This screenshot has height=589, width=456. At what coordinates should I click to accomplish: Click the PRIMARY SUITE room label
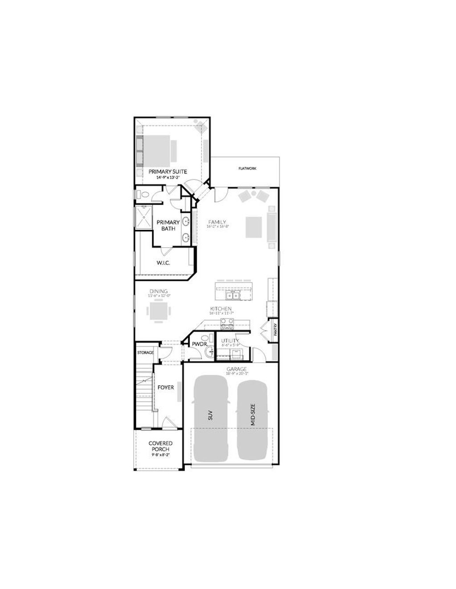[x=167, y=171]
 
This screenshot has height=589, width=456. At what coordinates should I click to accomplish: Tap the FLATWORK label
[x=247, y=169]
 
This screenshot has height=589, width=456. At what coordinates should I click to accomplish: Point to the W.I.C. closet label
[x=163, y=263]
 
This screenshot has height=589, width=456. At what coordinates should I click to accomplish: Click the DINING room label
[x=159, y=291]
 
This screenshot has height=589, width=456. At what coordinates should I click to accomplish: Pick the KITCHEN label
[x=221, y=308]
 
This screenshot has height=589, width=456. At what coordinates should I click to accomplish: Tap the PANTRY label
[x=276, y=329]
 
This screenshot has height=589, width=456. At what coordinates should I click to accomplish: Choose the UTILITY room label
[x=230, y=341]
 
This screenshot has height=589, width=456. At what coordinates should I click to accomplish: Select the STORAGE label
[x=145, y=352]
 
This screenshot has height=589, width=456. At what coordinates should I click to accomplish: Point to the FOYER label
[x=166, y=387]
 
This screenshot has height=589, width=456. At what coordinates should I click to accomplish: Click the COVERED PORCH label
[x=160, y=446]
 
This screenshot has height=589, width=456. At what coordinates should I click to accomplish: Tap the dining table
[x=158, y=311]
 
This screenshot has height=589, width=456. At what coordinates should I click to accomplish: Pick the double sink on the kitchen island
[x=232, y=295]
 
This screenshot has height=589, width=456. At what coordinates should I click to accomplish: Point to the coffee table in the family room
[x=255, y=226]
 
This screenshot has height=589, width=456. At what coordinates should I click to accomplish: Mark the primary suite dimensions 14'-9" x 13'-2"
[x=167, y=178]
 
